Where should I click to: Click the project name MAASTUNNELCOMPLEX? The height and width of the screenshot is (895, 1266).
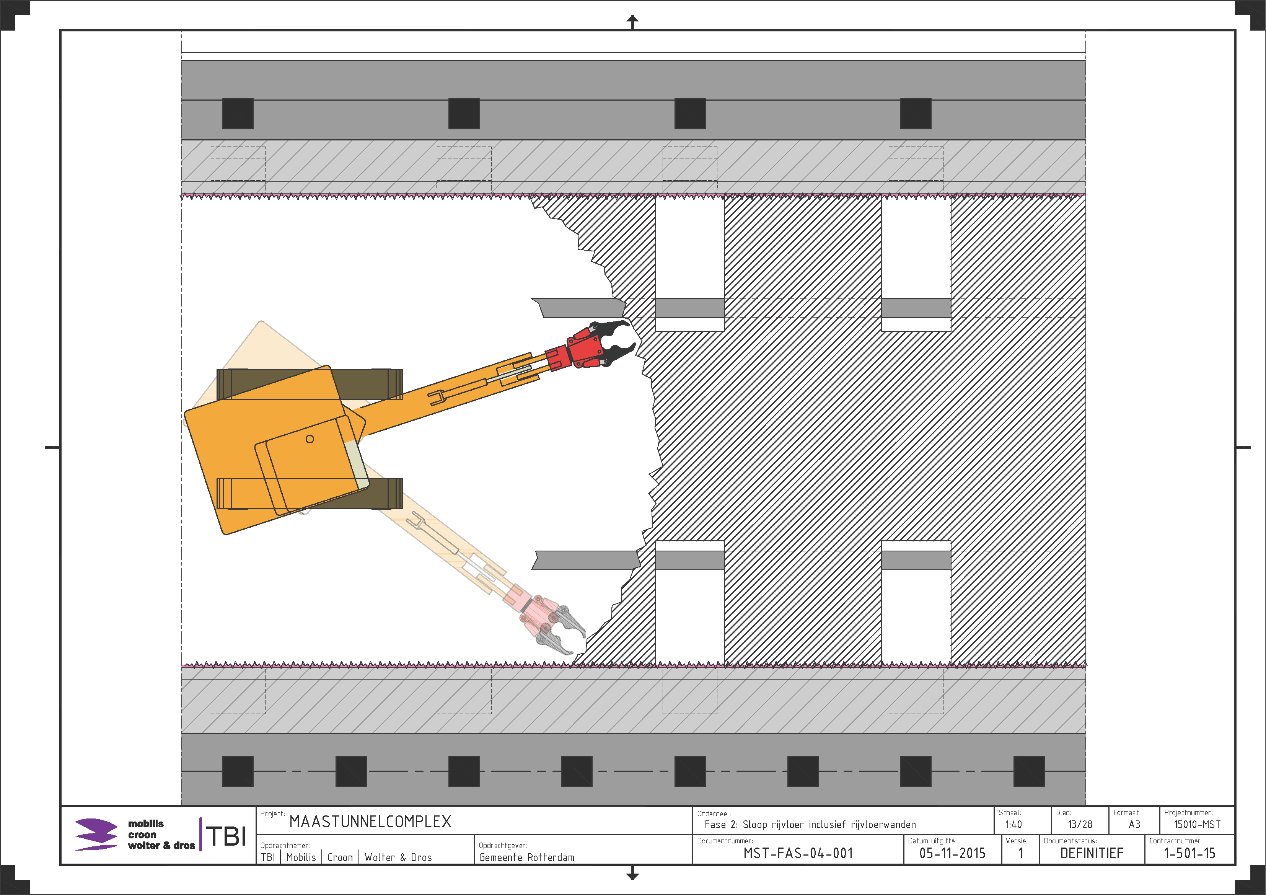[x=370, y=822]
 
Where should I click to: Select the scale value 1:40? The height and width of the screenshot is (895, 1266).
[x=1013, y=825]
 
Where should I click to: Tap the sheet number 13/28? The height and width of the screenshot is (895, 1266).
[x=1080, y=825]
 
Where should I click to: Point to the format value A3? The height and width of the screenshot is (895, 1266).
[x=1134, y=825]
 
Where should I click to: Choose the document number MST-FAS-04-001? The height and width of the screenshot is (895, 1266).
[x=798, y=853]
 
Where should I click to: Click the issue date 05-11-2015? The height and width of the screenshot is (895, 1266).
[x=952, y=853]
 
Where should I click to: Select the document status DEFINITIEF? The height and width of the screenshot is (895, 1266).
[x=1092, y=853]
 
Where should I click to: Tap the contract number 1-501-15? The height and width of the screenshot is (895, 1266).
[x=1189, y=853]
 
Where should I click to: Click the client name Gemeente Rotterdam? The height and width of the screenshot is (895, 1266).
[x=526, y=858]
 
